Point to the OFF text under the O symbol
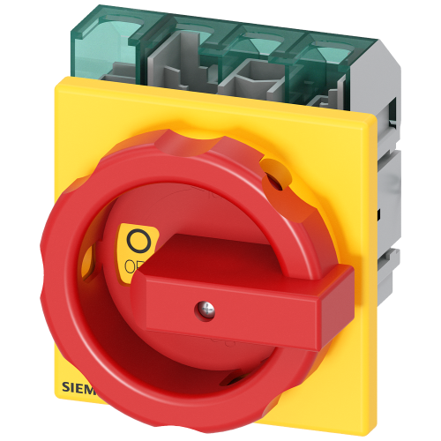point(135,264)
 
